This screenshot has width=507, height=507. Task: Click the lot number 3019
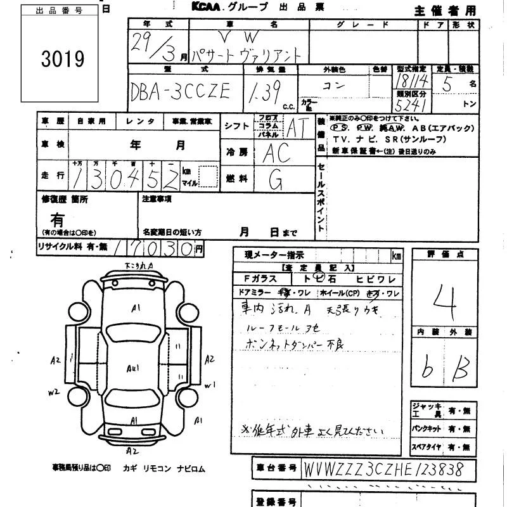[63, 59]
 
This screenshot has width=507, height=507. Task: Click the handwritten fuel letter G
[276, 181]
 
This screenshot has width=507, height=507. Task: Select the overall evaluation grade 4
[446, 294]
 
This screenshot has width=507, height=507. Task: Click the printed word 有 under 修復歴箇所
[58, 220]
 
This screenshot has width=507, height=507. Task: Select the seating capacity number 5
[447, 84]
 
